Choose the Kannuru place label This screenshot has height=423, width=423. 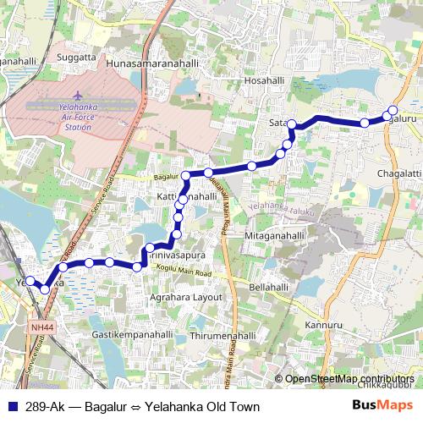coord(322,325)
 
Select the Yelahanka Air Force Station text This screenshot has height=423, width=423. coord(78,118)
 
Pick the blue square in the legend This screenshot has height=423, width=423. coord(13,405)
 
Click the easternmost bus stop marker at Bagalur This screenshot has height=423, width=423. coord(393,111)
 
